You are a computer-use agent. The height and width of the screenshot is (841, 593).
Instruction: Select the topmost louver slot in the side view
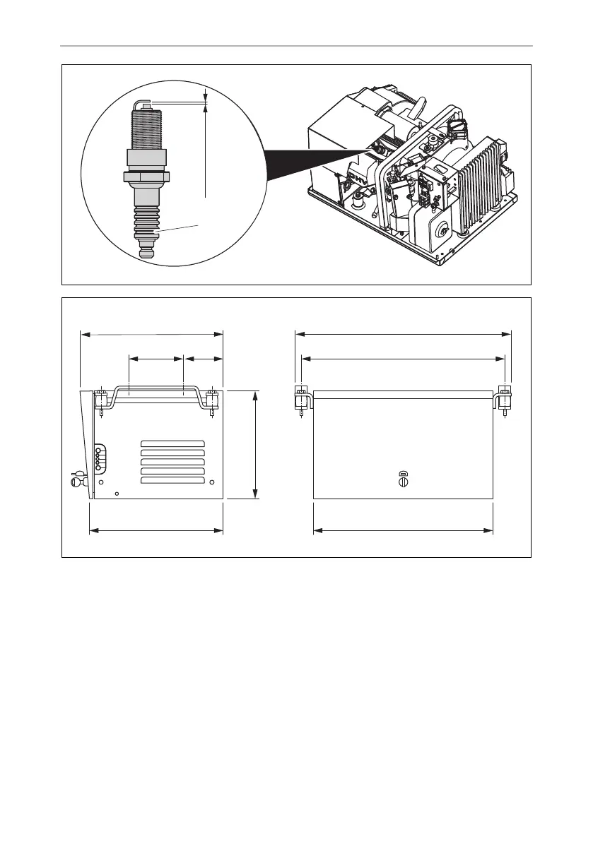pyautogui.click(x=172, y=443)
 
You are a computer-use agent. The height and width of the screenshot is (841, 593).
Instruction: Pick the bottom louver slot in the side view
pyautogui.click(x=172, y=480)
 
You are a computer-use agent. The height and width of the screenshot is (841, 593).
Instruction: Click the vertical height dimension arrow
pyautogui.click(x=255, y=444)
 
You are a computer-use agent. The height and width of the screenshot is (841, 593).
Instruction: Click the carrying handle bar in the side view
pyautogui.click(x=156, y=388)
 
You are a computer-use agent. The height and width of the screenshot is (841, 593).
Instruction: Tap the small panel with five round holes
pyautogui.click(x=98, y=457)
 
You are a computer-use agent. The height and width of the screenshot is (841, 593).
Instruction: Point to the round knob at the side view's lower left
pyautogui.click(x=76, y=483)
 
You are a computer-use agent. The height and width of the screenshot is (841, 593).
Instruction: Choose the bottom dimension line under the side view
pyautogui.click(x=156, y=530)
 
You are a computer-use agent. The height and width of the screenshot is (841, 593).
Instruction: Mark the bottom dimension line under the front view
pyautogui.click(x=403, y=530)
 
